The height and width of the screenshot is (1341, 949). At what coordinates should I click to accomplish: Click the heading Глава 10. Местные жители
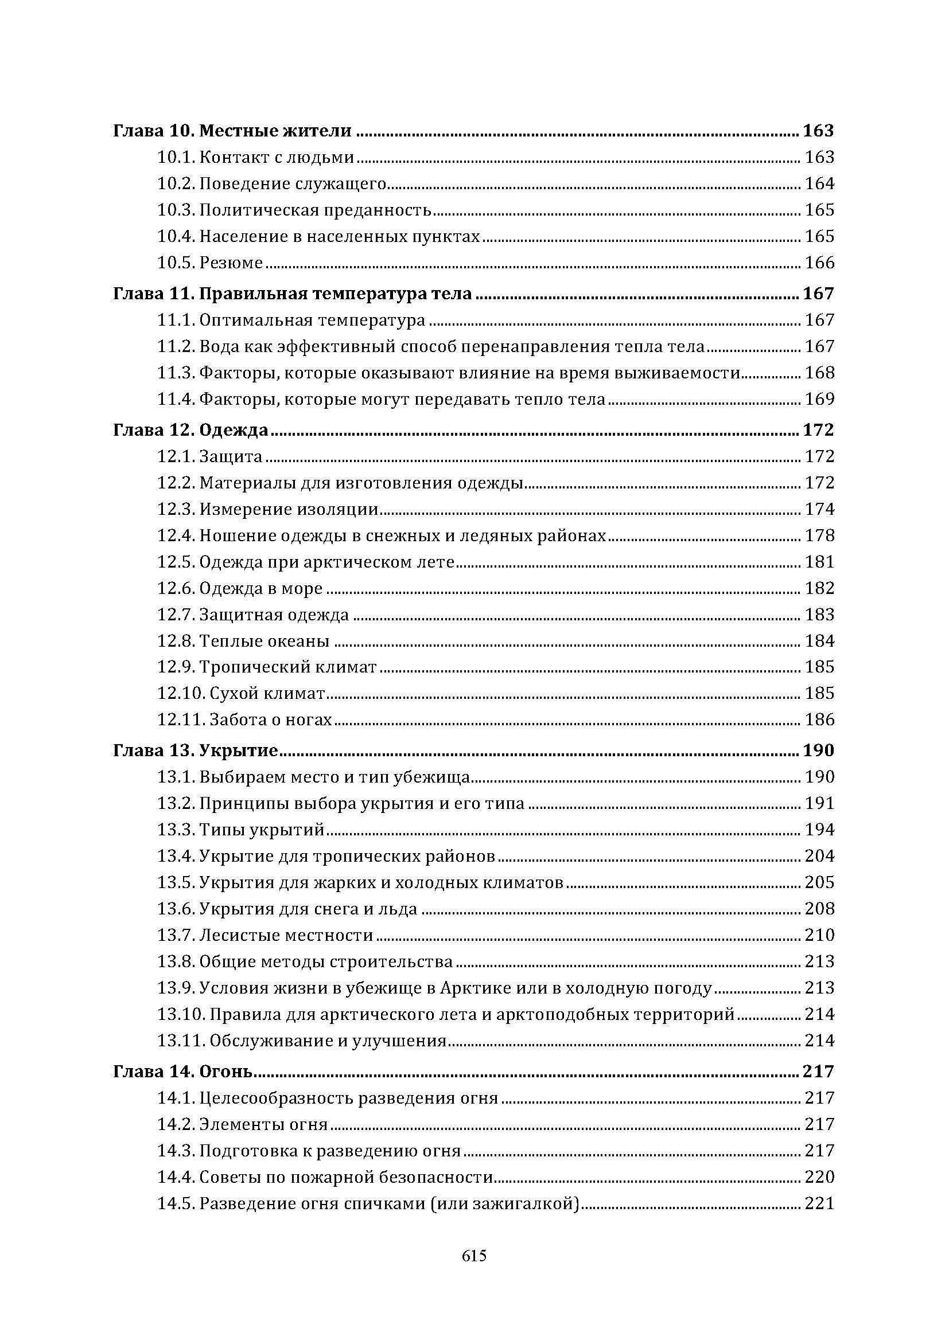232,130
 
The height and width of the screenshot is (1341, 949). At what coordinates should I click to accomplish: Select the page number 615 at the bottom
474,1255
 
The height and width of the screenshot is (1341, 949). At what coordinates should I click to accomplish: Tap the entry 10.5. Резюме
210,263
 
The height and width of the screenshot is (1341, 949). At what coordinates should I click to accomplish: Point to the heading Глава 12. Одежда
190,430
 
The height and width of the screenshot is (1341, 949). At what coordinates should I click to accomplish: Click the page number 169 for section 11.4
819,400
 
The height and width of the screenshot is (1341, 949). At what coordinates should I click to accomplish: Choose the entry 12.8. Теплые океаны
243,642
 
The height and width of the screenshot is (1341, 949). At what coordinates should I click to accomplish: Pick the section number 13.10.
180,1015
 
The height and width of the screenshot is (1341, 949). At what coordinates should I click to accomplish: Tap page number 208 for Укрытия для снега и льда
819,909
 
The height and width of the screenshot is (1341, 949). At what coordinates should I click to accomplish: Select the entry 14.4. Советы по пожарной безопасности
325,1178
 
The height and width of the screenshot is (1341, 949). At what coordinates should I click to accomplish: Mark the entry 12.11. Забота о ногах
244,720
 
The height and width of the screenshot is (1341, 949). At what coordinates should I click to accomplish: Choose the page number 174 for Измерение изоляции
819,509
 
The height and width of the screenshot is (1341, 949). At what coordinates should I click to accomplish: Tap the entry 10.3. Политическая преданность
294,210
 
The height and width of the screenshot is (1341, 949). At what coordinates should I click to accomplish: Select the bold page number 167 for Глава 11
818,293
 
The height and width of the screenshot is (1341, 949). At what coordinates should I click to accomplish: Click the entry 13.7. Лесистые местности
265,935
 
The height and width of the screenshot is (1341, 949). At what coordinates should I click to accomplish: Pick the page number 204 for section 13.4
819,856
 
